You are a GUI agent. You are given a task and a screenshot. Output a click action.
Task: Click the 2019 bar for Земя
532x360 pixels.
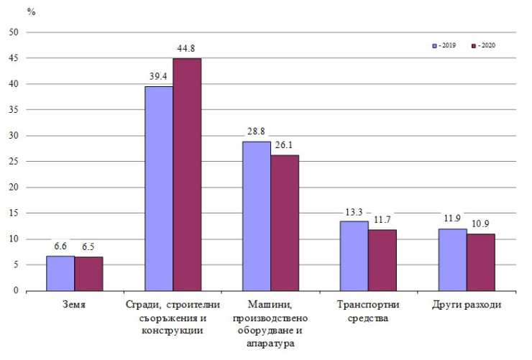(60, 273)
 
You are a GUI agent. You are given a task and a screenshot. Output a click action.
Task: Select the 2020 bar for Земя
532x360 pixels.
(88, 274)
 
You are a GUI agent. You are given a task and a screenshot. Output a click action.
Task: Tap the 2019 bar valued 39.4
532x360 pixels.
(158, 188)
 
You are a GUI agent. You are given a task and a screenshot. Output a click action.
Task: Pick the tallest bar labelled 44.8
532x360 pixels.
(187, 175)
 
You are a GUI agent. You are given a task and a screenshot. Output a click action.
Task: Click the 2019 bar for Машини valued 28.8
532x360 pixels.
(256, 216)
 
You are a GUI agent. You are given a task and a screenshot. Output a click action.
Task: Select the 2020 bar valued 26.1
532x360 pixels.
(285, 223)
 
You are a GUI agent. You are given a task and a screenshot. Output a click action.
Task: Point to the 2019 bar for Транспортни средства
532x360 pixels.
(354, 256)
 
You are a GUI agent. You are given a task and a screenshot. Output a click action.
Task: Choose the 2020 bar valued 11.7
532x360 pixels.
(382, 260)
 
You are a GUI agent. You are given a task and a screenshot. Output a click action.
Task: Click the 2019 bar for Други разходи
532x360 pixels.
(452, 259)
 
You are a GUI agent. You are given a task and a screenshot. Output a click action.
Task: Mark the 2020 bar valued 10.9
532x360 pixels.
(480, 262)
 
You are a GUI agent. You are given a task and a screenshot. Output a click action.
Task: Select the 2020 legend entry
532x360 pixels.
(482, 45)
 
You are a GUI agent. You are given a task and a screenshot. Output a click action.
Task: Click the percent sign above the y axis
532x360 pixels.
(32, 12)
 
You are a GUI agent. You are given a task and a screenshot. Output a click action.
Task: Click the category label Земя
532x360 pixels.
(74, 305)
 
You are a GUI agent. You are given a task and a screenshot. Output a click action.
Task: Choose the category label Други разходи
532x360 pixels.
(466, 305)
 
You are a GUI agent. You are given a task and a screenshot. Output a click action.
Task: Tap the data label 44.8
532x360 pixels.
(187, 49)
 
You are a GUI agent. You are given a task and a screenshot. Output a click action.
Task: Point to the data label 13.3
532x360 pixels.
(354, 212)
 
